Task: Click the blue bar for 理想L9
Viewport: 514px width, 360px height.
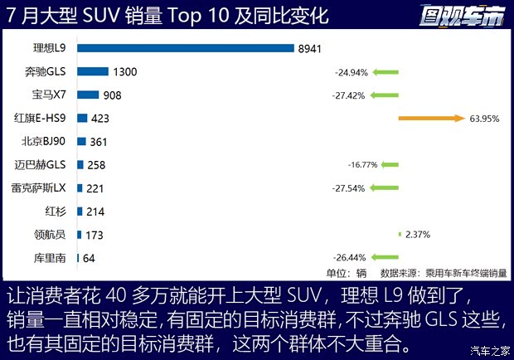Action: pyautogui.click(x=186, y=48)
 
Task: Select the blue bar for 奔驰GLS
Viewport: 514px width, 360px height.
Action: pyautogui.click(x=93, y=72)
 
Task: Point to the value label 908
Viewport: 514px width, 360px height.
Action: pyautogui.click(x=112, y=95)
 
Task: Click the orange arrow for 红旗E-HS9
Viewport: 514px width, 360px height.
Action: pyautogui.click(x=430, y=119)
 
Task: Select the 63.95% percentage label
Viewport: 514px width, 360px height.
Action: pyautogui.click(x=484, y=119)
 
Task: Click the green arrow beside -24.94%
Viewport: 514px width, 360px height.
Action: pyautogui.click(x=385, y=72)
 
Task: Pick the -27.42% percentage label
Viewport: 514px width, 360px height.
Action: pyautogui.click(x=352, y=95)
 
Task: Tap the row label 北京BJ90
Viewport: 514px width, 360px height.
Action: pyautogui.click(x=51, y=142)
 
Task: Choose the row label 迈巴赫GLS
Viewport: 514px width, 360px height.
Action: pyautogui.click(x=49, y=165)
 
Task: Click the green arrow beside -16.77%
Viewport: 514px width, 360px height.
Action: pyautogui.click(x=385, y=165)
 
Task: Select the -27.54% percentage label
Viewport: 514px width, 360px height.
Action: pyautogui.click(x=352, y=188)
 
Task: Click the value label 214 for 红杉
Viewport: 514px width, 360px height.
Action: pyautogui.click(x=96, y=212)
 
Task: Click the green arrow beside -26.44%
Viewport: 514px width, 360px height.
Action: pyautogui.click(x=385, y=258)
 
